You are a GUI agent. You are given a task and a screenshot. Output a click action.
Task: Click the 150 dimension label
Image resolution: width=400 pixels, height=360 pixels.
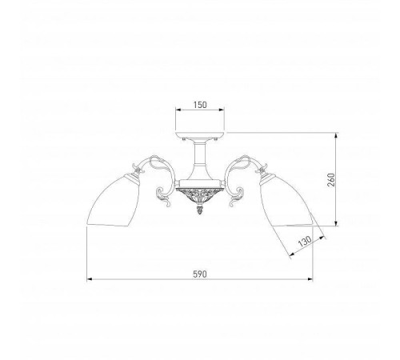[200, 105]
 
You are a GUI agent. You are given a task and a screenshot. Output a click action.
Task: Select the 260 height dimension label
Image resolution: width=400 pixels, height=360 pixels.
[331, 180]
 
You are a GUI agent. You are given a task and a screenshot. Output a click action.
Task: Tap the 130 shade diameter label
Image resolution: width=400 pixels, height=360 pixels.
[305, 241]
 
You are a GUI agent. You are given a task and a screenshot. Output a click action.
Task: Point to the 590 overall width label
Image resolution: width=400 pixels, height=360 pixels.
[200, 274]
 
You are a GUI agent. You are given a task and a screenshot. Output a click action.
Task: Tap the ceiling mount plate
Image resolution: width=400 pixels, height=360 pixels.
[200, 135]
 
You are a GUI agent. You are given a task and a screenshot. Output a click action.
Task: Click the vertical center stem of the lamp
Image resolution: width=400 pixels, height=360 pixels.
[200, 160]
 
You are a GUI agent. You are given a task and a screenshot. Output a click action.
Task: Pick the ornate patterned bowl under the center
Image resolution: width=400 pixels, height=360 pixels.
[200, 195]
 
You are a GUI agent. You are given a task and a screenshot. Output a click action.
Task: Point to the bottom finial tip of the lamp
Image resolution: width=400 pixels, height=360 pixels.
[200, 213]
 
